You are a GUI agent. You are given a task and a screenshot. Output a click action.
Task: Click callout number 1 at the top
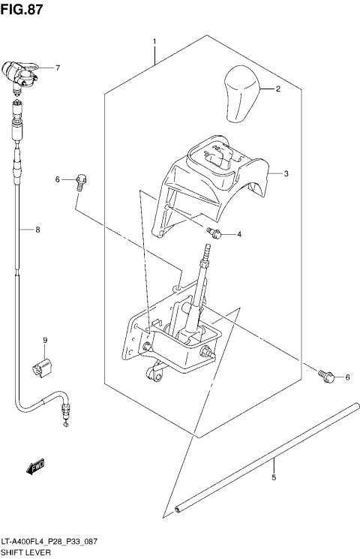154,41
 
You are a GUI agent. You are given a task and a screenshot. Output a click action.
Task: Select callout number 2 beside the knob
277,89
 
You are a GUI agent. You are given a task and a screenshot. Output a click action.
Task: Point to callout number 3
286,173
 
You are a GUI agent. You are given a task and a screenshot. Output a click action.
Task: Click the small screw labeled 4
214,233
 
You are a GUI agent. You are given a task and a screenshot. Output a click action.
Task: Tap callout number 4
239,234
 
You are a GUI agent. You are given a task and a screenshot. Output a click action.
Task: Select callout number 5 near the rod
274,477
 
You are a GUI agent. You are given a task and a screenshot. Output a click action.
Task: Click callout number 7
57,68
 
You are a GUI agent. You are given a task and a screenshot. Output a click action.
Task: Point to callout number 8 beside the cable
37,230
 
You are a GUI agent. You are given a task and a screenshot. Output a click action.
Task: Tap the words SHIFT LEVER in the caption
26,551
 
